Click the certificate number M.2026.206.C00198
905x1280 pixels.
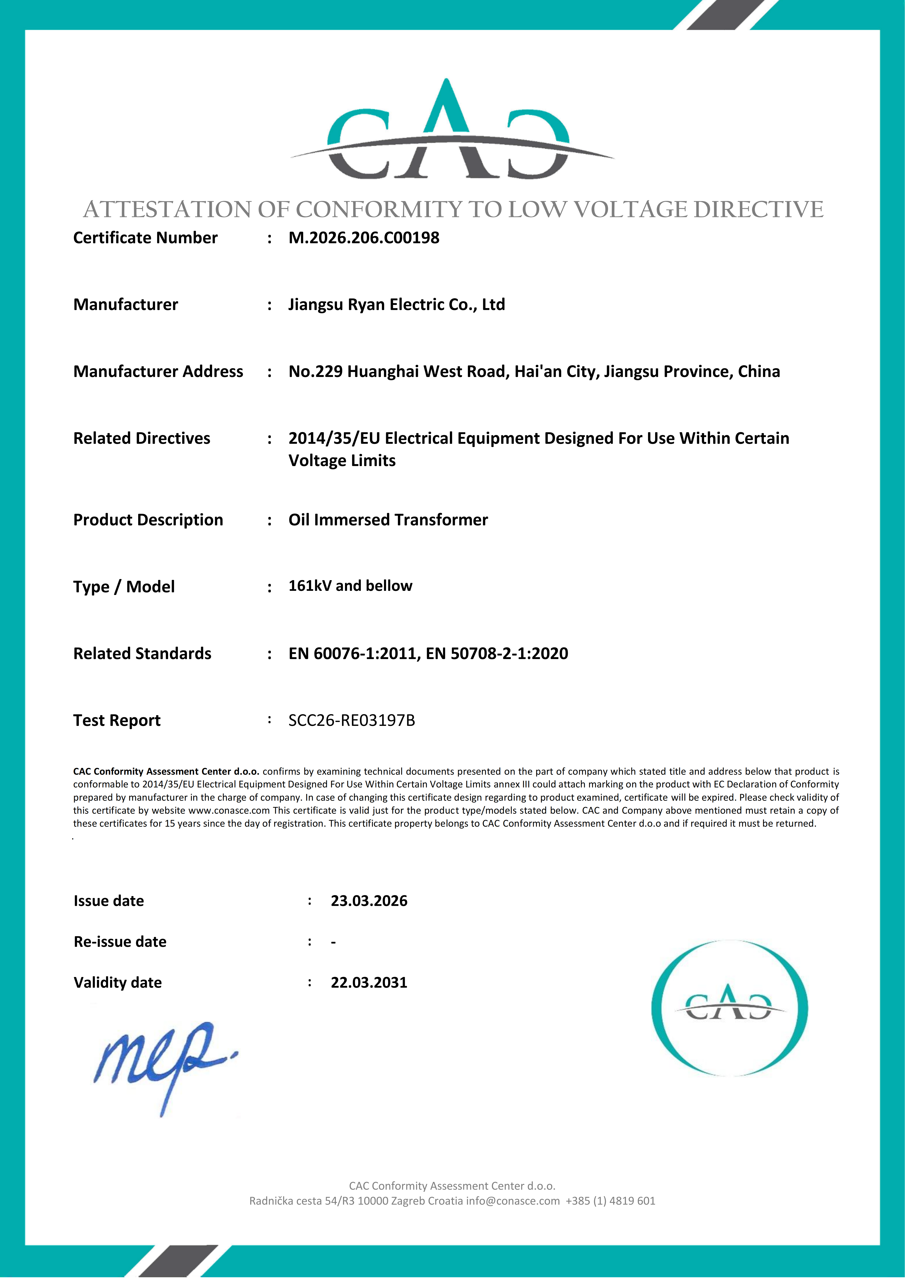[364, 238]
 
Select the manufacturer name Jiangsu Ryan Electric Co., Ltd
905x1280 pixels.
[396, 305]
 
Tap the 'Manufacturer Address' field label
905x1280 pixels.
[158, 372]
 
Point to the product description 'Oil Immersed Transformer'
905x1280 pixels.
[388, 520]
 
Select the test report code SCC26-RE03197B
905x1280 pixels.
[352, 721]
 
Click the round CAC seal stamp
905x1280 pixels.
[729, 1008]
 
